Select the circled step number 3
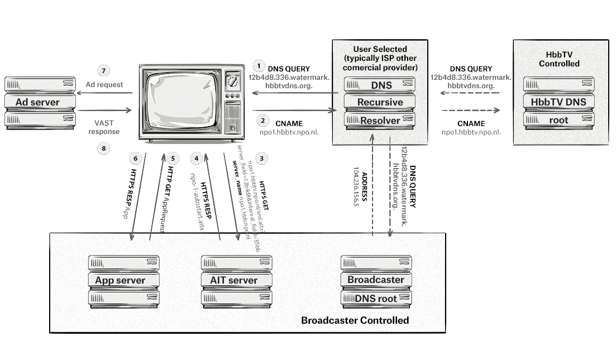[262, 158]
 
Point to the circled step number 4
[196, 158]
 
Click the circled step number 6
[133, 158]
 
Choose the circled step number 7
[103, 70]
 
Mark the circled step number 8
[103, 148]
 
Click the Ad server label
[37, 102]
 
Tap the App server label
[120, 280]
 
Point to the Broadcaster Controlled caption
[355, 320]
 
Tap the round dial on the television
[232, 83]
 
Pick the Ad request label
[104, 85]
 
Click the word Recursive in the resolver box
[380, 102]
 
